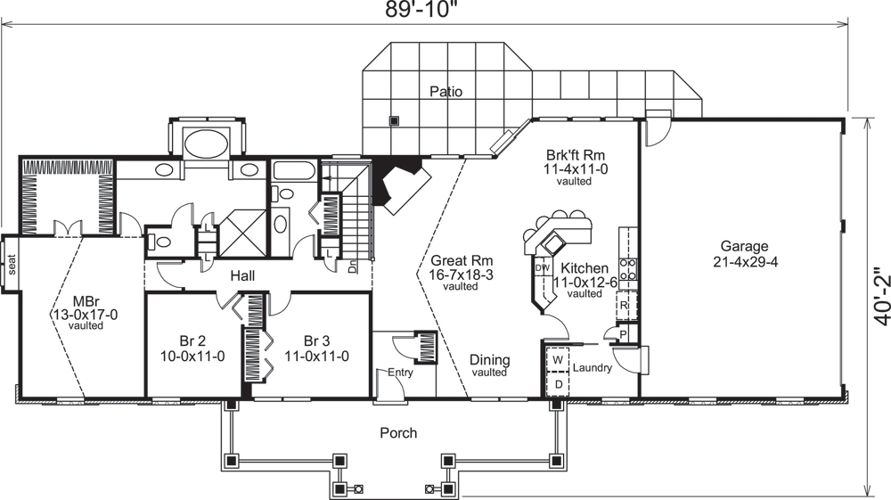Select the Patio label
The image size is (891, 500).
pos(445,91)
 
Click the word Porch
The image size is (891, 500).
pos(398,433)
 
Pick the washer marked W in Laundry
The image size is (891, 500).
pos(559,359)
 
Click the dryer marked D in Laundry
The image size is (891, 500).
pos(559,384)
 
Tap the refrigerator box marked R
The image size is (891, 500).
pos(626,305)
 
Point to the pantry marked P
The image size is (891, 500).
pos(622,333)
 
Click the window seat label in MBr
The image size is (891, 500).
pos(12,263)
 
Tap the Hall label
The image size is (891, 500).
pos(242,276)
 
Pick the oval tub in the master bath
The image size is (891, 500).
pos(204,143)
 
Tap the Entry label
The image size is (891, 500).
pos(400,373)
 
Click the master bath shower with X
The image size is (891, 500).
pos(241,234)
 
